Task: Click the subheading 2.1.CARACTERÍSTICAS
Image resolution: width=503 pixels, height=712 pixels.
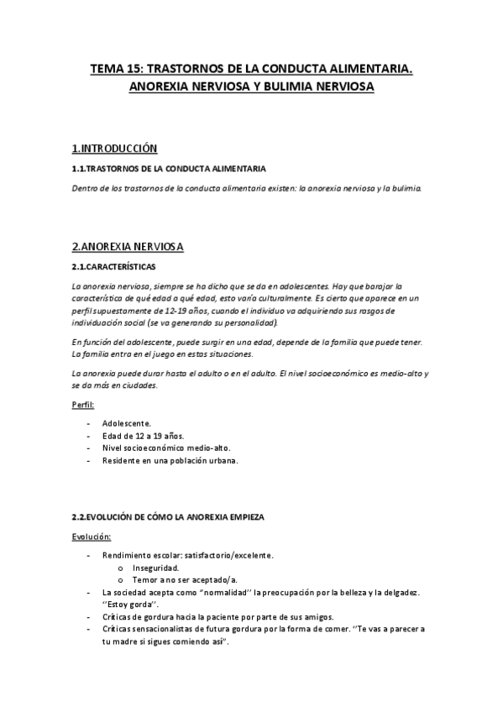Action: click(x=113, y=267)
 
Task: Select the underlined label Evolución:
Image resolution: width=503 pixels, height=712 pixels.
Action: click(x=91, y=536)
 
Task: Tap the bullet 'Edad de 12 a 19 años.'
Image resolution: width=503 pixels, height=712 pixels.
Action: click(x=143, y=436)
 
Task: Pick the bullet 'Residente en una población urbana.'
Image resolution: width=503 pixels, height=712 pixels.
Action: click(x=170, y=461)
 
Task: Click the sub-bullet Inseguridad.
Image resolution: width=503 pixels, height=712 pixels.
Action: click(x=155, y=568)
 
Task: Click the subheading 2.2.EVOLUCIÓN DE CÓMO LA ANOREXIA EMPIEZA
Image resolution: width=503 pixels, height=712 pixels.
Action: click(x=168, y=518)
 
